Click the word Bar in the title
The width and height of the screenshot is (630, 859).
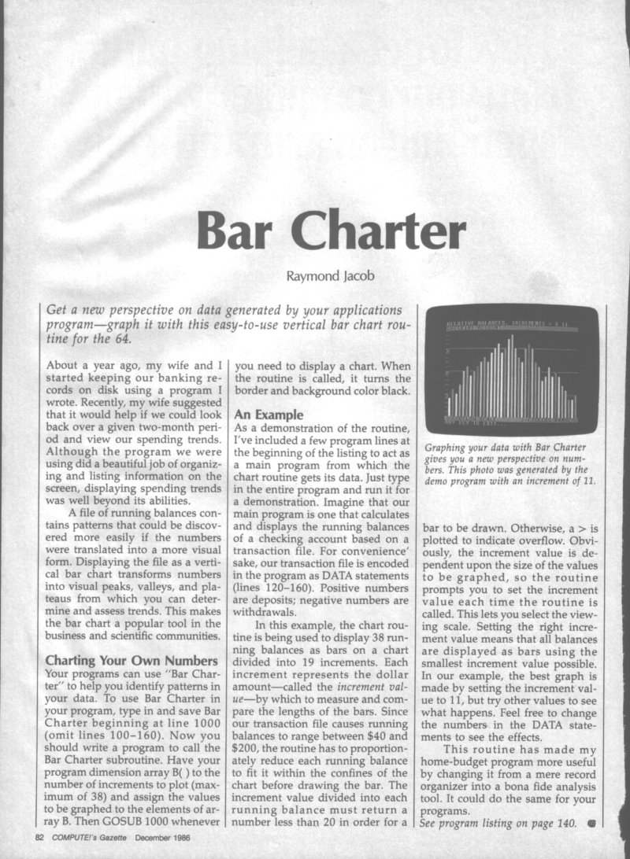[x=236, y=228]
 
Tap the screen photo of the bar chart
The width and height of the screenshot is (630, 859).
[x=512, y=368]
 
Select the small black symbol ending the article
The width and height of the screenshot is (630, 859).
[x=589, y=824]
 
